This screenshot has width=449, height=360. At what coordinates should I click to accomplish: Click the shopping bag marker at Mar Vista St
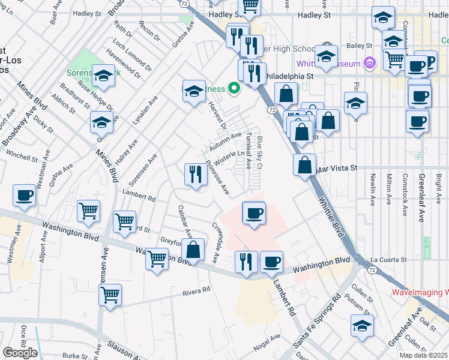pos(305,164)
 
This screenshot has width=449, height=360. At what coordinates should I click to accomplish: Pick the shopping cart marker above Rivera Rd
pos(110,295)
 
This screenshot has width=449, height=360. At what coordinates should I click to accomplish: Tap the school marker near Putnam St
pos(362,325)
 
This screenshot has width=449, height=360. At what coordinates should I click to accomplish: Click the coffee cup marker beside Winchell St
pos(25,194)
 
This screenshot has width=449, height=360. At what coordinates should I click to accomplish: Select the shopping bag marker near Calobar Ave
pos(194,249)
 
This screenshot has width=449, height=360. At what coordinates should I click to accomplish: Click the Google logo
pos(20,353)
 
